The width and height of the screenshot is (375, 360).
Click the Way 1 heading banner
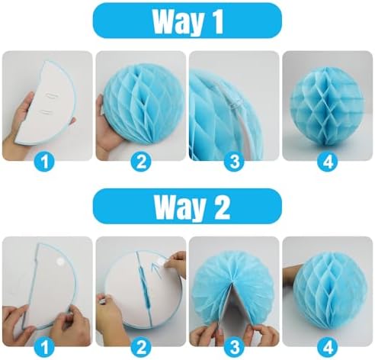[x=187, y=21]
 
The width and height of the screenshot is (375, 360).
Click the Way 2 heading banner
[x=187, y=206]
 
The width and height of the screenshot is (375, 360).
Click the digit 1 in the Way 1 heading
[x=219, y=21]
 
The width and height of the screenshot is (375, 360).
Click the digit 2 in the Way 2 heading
[x=220, y=206]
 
